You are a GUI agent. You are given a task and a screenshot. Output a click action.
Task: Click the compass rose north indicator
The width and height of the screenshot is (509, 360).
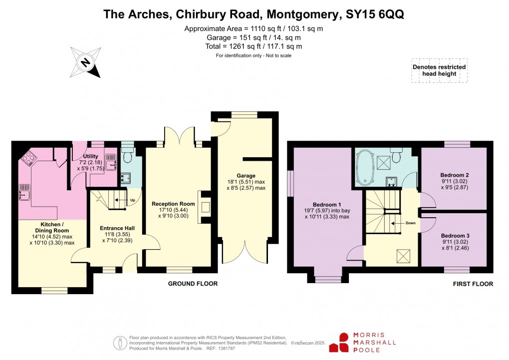(x=86, y=62)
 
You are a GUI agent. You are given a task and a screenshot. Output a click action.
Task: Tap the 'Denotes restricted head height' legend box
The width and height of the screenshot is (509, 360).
(x=439, y=71)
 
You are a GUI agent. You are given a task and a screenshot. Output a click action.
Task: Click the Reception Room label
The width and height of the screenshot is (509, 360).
(x=173, y=204)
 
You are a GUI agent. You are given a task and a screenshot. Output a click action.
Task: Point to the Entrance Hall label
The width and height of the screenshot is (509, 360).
(x=118, y=228)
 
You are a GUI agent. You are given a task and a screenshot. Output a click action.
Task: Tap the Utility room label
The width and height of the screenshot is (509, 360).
(x=90, y=156)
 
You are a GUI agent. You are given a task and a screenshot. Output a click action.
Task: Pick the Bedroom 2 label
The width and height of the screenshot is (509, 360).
(x=454, y=175)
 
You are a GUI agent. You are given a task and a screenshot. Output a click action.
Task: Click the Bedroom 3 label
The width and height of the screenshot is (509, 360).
(x=454, y=235)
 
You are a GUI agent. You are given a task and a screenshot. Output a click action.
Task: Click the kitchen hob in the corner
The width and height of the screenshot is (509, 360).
(x=28, y=158)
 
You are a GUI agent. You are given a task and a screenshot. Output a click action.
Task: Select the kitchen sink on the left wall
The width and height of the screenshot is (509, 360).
(x=24, y=190)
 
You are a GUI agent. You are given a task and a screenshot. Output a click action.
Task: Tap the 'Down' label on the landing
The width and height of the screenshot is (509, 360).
(x=410, y=223)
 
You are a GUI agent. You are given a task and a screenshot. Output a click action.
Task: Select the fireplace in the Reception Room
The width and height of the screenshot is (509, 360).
(x=205, y=207)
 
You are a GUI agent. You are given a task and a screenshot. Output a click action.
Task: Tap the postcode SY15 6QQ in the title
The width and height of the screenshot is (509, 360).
(x=374, y=13)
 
